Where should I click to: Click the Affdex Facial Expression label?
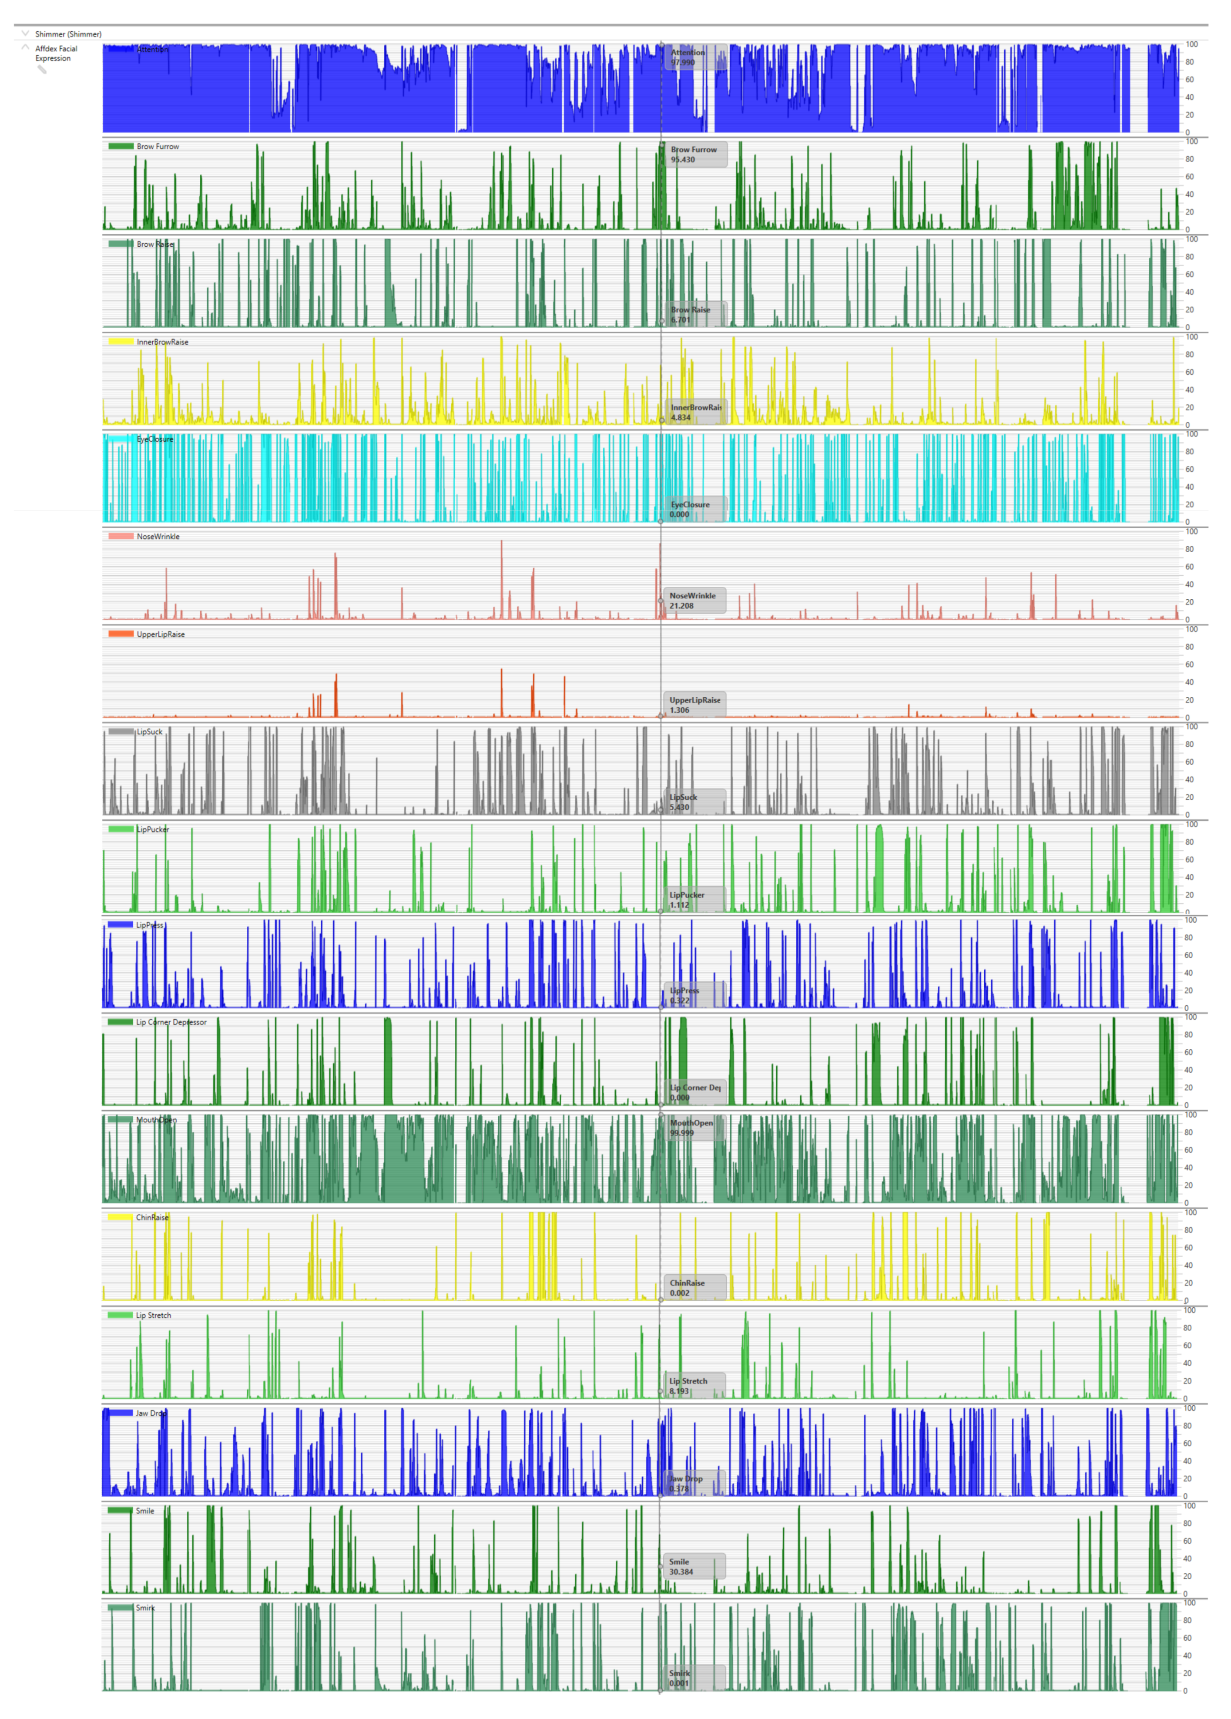coord(56,53)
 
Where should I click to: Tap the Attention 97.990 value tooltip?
coord(695,57)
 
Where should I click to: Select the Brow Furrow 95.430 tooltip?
coord(695,154)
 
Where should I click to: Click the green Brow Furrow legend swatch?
coord(121,146)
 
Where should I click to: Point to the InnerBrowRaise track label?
coord(162,342)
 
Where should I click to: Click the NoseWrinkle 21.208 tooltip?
coord(694,600)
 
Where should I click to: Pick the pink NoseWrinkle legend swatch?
coord(121,536)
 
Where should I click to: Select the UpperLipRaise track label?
coord(160,635)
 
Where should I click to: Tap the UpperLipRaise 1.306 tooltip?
coord(694,705)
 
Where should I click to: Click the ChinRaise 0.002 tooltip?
coord(694,1288)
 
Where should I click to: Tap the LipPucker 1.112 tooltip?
coord(694,900)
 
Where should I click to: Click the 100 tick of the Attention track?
coord(1191,44)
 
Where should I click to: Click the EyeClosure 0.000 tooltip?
coord(694,509)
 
